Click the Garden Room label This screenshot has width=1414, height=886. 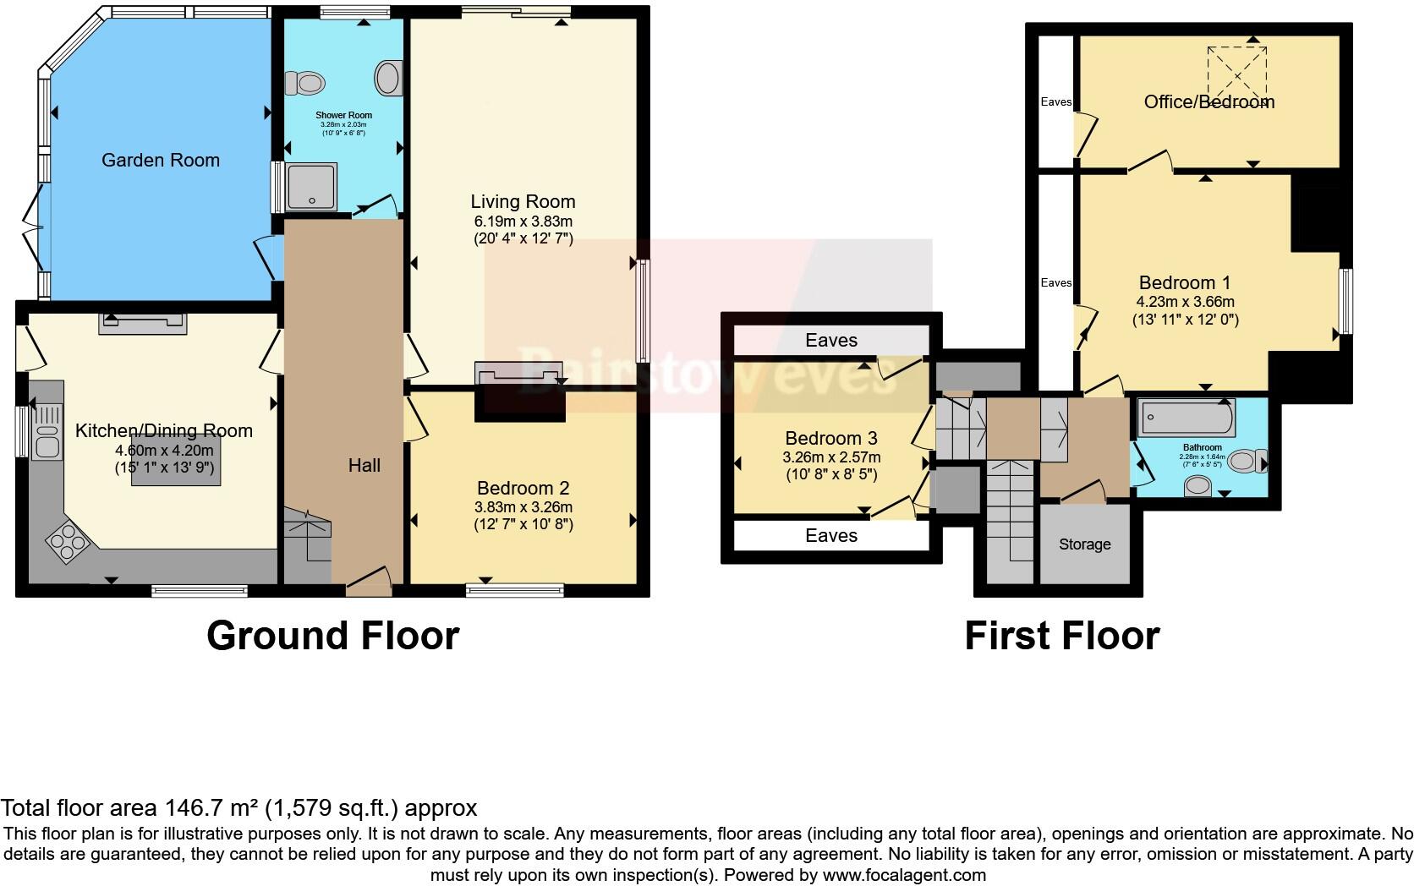click(x=161, y=160)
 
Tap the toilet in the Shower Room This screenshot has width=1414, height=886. click(x=306, y=83)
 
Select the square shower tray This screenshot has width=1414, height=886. click(x=312, y=185)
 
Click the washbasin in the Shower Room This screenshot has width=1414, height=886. click(x=389, y=78)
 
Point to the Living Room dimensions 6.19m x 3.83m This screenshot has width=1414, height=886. click(x=523, y=221)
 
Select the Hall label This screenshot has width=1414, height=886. click(x=364, y=465)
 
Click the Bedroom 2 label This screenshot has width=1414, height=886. click(x=523, y=488)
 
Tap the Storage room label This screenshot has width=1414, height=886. click(x=1084, y=544)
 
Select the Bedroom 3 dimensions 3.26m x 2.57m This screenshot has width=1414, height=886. click(x=831, y=457)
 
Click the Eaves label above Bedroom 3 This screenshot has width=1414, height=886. click(x=831, y=340)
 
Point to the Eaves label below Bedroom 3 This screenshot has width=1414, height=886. click(x=831, y=535)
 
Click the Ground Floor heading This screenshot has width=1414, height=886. click(x=332, y=636)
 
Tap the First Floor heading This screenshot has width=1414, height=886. click(x=1062, y=636)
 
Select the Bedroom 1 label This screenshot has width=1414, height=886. click(x=1184, y=282)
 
